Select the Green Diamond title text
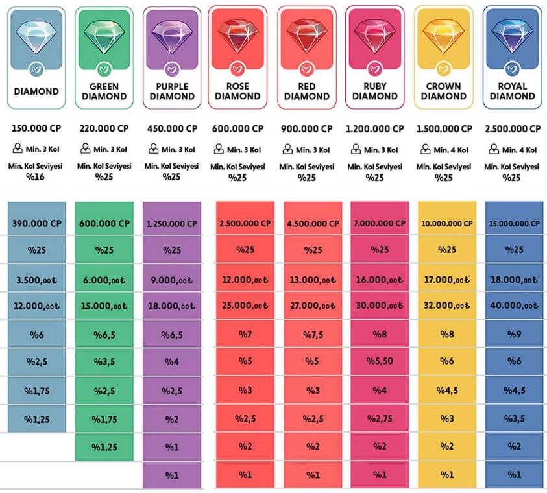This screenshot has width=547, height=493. point(104,91)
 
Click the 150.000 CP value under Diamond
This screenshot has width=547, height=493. point(36,129)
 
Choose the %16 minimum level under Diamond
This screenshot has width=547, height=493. point(36,177)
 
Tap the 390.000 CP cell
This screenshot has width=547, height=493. point(36,223)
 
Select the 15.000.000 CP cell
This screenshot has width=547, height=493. point(513,223)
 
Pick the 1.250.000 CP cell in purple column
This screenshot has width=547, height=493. point(172,223)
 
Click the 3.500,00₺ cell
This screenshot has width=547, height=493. point(36,279)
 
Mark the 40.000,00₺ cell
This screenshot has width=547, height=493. point(513,306)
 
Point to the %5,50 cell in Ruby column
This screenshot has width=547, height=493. point(380,362)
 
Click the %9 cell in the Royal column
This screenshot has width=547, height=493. point(513,334)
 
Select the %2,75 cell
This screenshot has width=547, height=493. point(380,418)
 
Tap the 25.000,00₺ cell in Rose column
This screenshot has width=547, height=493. point(245,306)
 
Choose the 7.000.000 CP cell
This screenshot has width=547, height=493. point(380,223)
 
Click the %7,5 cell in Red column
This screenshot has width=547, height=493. point(313,334)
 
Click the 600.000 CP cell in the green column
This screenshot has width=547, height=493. point(104,223)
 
